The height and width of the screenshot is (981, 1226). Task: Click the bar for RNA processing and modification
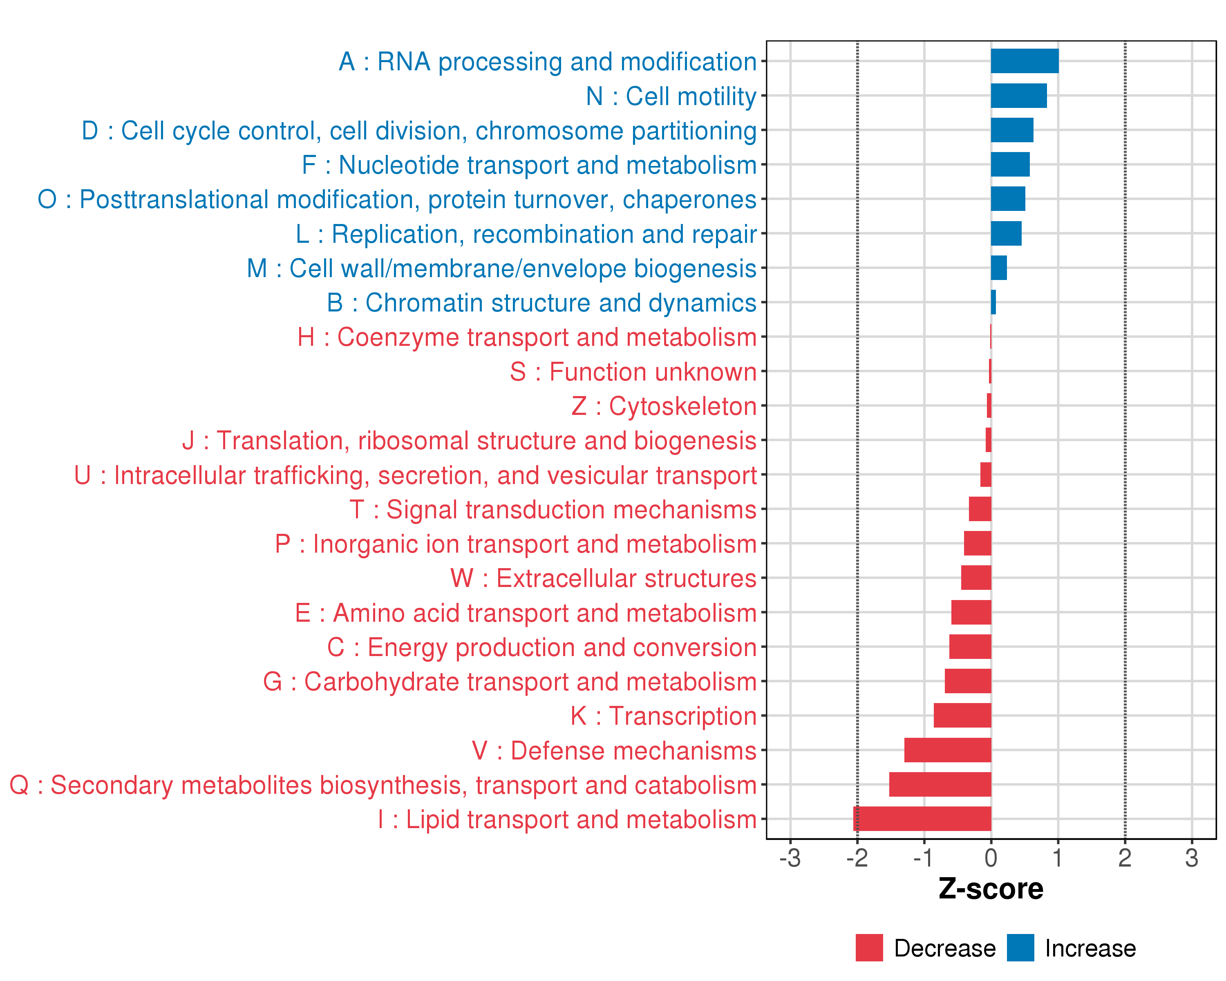pyautogui.click(x=1024, y=61)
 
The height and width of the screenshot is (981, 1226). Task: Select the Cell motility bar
pyautogui.click(x=1018, y=96)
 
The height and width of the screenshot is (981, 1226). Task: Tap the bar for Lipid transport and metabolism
pyautogui.click(x=922, y=819)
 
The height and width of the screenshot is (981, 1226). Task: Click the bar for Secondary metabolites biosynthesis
pyautogui.click(x=940, y=784)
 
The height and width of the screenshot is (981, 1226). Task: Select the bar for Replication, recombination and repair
pyautogui.click(x=1006, y=233)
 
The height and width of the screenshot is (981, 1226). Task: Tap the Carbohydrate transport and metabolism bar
pyautogui.click(x=968, y=681)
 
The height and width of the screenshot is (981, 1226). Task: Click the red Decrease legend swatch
pyautogui.click(x=869, y=947)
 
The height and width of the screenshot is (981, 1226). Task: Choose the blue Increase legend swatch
pyautogui.click(x=1020, y=947)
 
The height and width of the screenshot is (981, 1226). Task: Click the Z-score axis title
pyautogui.click(x=991, y=889)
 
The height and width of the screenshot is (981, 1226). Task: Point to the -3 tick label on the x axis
pyautogui.click(x=790, y=858)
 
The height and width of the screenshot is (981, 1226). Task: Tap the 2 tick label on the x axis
pyautogui.click(x=1125, y=858)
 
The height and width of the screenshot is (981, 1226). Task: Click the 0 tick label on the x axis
pyautogui.click(x=991, y=858)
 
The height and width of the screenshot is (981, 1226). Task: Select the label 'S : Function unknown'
pyautogui.click(x=633, y=372)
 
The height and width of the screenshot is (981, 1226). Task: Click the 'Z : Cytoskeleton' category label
pyautogui.click(x=664, y=406)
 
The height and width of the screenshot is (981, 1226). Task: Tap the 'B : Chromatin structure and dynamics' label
pyautogui.click(x=541, y=302)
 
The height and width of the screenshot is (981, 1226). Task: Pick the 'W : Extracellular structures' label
pyautogui.click(x=603, y=578)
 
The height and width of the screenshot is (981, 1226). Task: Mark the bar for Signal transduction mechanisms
pyautogui.click(x=980, y=509)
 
